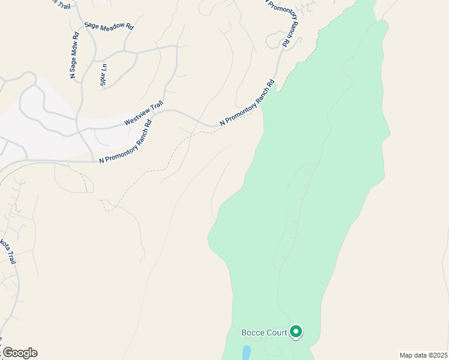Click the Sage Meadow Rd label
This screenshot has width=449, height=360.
tap(109, 26)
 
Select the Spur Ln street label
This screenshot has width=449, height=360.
tap(104, 74)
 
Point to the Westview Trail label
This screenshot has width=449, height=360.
tap(143, 113)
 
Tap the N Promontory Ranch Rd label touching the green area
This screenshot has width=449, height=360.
tap(246, 103)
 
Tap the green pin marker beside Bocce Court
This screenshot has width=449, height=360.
tap(295, 331)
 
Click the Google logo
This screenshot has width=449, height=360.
tap(20, 353)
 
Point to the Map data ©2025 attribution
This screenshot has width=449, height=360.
tap(423, 355)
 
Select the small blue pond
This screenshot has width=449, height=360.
tap(247, 352)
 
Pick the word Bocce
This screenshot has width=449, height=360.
tap(253, 332)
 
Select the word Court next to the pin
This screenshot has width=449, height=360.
tap(276, 332)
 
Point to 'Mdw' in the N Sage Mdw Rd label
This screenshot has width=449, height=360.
tap(74, 47)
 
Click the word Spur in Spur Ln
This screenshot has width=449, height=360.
tap(103, 79)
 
